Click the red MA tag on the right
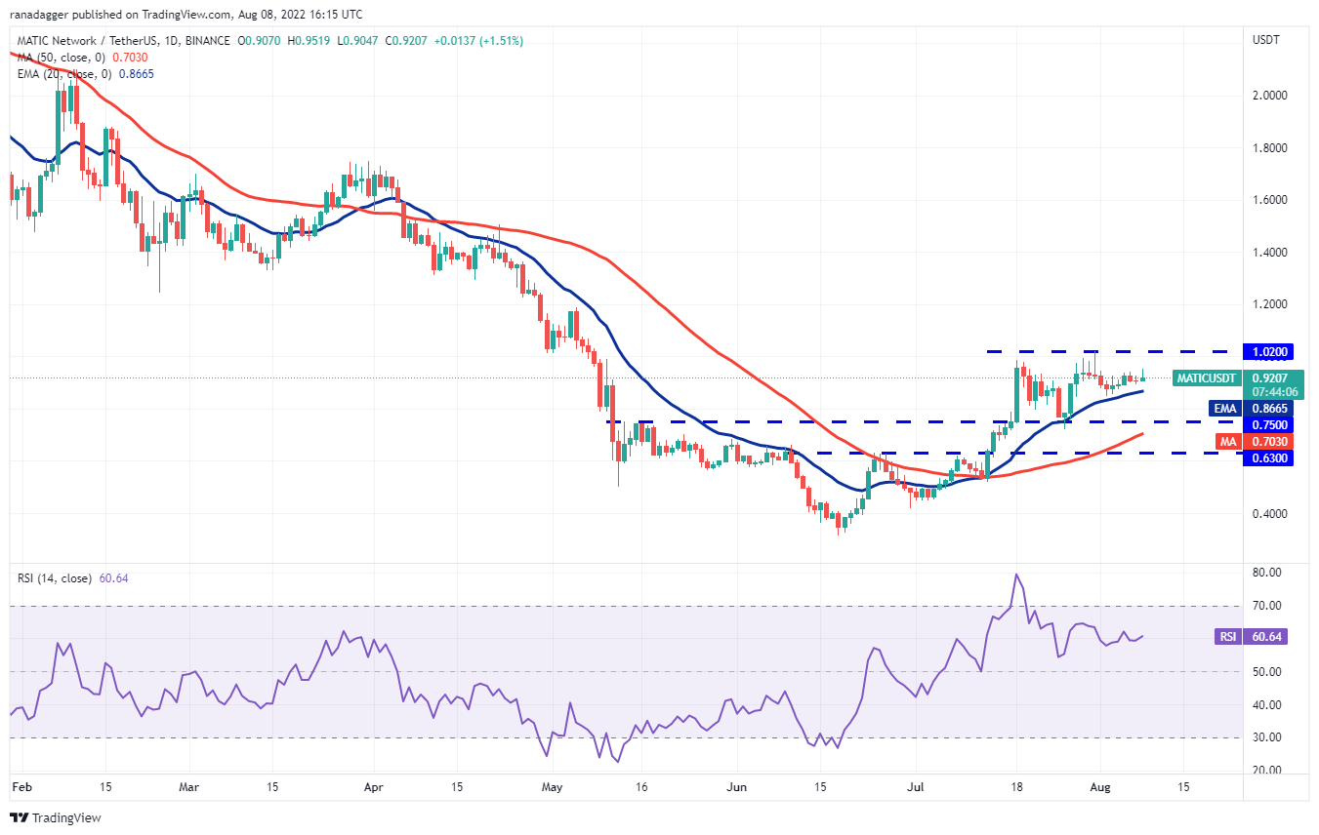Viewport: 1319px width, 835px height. [1227, 442]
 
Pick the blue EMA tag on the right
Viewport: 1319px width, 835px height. [1223, 409]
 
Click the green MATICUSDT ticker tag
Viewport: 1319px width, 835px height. [1207, 378]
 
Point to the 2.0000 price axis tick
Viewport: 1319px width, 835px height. [1268, 96]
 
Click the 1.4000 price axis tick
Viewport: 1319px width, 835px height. [1268, 253]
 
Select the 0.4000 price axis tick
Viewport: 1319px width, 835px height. [1268, 514]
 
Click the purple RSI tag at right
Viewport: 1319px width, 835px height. [1227, 637]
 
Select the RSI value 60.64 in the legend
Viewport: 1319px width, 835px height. [111, 578]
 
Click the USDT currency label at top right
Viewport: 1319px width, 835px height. [1266, 40]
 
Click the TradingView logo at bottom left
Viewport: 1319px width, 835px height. [56, 817]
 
